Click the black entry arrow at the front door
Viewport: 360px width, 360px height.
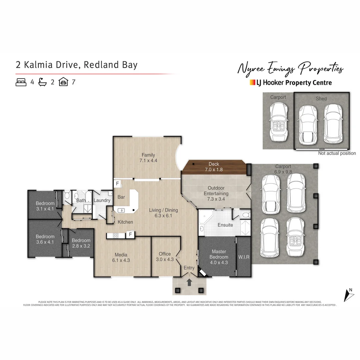[x=189, y=282]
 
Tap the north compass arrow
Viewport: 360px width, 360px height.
[x=348, y=295]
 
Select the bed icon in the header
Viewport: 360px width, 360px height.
[x=21, y=82]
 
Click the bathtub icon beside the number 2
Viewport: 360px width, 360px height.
[x=42, y=82]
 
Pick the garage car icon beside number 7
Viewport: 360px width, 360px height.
[x=63, y=82]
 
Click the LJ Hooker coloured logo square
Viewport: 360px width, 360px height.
[x=252, y=82]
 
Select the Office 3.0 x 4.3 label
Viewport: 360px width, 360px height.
[x=165, y=257]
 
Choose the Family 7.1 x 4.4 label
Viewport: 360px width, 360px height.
[x=148, y=157]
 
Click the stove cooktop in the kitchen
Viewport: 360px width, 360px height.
[x=116, y=236]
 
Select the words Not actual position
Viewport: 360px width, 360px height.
[x=337, y=153]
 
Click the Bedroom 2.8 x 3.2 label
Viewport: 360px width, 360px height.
[x=81, y=243]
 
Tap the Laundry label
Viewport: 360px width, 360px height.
[x=102, y=200]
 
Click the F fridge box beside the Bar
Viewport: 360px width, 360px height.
[x=117, y=184]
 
